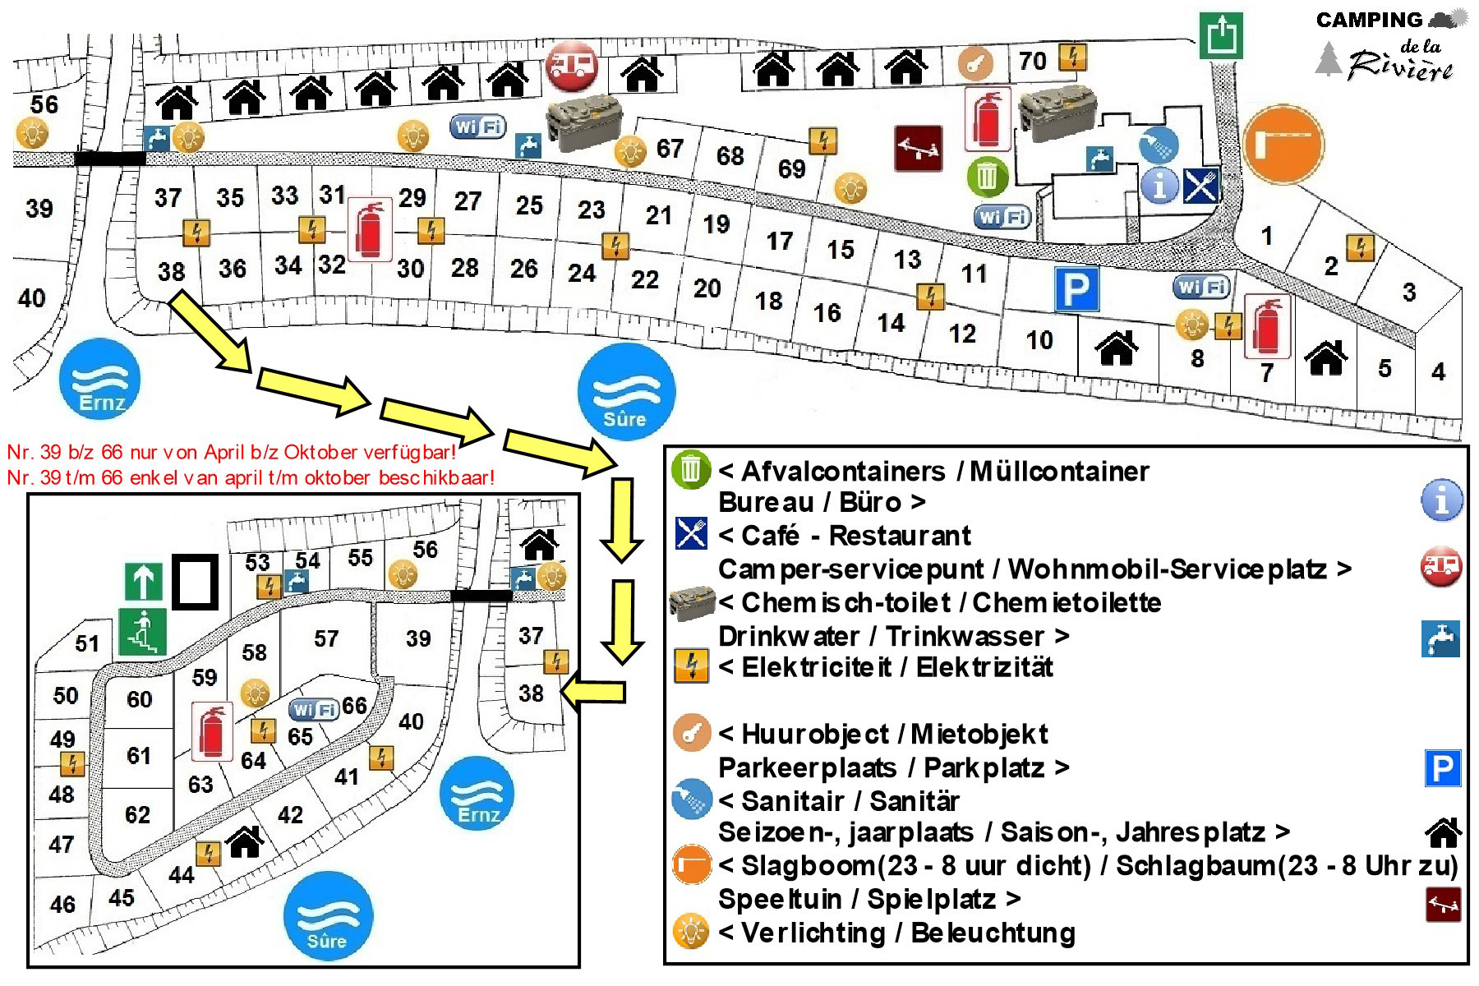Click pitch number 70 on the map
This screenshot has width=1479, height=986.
point(1033,61)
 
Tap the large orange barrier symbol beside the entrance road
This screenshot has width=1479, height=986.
point(1283,145)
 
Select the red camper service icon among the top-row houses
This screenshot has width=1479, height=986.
point(572,64)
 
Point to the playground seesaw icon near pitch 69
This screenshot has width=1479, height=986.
point(918,148)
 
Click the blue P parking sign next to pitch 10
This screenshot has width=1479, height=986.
point(1076,289)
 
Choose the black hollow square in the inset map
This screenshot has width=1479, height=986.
point(196,582)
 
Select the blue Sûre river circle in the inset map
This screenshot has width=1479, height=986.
point(328,915)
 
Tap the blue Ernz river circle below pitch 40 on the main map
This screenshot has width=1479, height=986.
point(100,379)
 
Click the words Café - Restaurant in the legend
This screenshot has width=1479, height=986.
point(855,536)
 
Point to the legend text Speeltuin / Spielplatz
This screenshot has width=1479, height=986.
point(857,899)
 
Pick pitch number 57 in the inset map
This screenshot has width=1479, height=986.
point(326,638)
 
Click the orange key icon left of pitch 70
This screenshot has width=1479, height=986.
point(975,63)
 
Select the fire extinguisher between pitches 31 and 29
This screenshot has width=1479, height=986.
point(370,230)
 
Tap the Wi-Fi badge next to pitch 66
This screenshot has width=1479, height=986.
point(315,708)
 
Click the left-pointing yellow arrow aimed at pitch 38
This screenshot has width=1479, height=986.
point(593,691)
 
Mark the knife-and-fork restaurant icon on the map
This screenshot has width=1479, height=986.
point(1201,186)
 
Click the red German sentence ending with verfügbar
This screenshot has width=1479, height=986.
point(231,452)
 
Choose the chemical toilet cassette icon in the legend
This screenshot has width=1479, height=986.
point(692,602)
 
